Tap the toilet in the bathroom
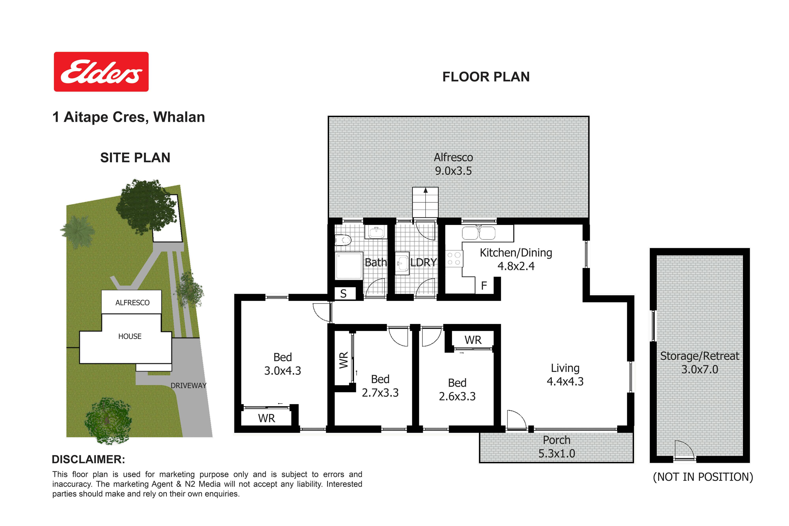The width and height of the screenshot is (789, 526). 342,240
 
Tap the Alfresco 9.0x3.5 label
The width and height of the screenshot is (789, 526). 453,164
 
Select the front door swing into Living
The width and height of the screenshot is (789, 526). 516,420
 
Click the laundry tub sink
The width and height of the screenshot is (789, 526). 402,263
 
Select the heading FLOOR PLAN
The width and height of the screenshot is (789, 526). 486,77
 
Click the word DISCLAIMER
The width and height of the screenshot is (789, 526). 89,460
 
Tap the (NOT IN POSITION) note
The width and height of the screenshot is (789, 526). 703,477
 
